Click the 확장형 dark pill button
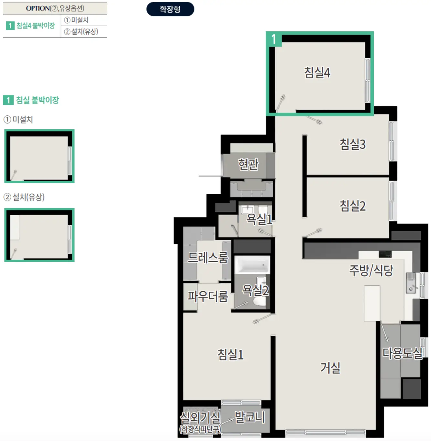(x=170, y=9)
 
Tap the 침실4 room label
(x=317, y=73)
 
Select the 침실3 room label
(x=352, y=144)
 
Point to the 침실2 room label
(x=352, y=206)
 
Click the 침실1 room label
(x=230, y=354)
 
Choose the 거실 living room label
(x=330, y=368)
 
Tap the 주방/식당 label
(x=371, y=270)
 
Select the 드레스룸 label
(x=208, y=257)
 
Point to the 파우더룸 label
(x=208, y=296)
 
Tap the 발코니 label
(x=250, y=417)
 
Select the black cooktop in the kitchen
(x=385, y=254)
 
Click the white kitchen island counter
(x=372, y=303)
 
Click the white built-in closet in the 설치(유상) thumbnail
(x=15, y=227)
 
